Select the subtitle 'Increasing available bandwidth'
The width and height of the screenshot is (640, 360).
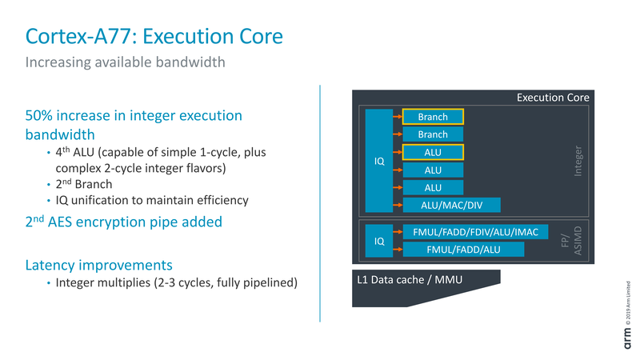(122, 62)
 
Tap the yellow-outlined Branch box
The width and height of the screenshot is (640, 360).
(433, 117)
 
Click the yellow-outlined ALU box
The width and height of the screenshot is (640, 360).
(433, 152)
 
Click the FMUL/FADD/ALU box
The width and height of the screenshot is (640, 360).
(463, 250)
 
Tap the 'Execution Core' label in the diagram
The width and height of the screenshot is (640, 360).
(553, 98)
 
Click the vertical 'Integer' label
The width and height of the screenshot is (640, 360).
(578, 161)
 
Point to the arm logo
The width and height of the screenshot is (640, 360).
(628, 336)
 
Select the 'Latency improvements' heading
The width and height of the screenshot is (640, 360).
(98, 264)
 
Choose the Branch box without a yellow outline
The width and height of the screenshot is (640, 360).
(433, 134)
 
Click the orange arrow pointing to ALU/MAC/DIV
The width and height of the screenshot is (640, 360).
(395, 205)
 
